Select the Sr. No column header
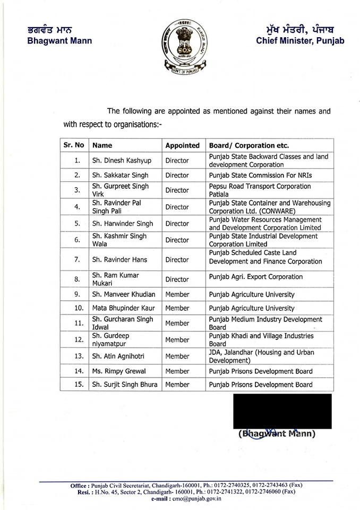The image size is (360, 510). click(74, 145)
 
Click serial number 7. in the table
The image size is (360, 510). click(77, 260)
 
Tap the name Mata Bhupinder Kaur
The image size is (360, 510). click(122, 308)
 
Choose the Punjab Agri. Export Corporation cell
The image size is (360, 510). click(256, 277)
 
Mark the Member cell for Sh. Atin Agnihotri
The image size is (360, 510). click(177, 356)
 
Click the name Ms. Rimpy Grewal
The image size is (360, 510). click(119, 371)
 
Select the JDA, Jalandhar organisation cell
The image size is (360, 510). click(261, 356)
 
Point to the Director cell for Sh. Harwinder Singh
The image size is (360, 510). click(177, 224)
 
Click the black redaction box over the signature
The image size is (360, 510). click(282, 411)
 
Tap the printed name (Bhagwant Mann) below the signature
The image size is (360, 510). click(277, 434)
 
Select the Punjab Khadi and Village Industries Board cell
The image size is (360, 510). click(261, 339)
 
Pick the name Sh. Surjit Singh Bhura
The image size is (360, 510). click(125, 385)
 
